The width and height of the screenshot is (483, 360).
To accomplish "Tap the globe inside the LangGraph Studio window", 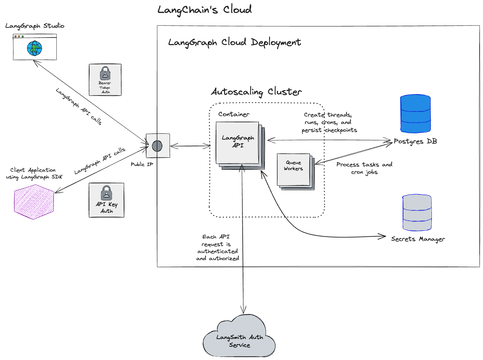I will pyautogui.click(x=35, y=48).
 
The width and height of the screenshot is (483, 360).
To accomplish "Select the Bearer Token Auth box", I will pyautogui.click(x=105, y=80).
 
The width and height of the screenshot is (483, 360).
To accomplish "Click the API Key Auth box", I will pyautogui.click(x=106, y=200).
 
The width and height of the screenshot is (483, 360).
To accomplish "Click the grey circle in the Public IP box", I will pyautogui.click(x=157, y=146).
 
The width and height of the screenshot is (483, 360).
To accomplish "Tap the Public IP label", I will pyautogui.click(x=142, y=164).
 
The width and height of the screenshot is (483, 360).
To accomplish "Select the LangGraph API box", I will pyautogui.click(x=237, y=142).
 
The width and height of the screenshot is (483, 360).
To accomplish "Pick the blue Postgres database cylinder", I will pyautogui.click(x=415, y=114).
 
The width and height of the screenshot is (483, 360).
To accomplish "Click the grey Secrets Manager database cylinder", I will pyautogui.click(x=417, y=213).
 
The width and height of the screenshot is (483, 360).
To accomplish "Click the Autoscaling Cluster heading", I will pyautogui.click(x=256, y=92).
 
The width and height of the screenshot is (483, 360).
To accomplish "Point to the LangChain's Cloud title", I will pyautogui.click(x=204, y=10).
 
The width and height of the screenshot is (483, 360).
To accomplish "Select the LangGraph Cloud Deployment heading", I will pyautogui.click(x=235, y=43).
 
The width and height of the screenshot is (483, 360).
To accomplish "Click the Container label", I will pyautogui.click(x=234, y=114).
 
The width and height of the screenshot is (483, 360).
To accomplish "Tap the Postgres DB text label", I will pyautogui.click(x=415, y=141).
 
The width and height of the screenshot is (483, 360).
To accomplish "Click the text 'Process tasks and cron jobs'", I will pyautogui.click(x=364, y=168).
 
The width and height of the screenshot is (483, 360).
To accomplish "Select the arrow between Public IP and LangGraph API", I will pyautogui.click(x=190, y=146).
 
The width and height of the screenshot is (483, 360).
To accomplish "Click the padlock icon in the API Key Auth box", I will pyautogui.click(x=106, y=193).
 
